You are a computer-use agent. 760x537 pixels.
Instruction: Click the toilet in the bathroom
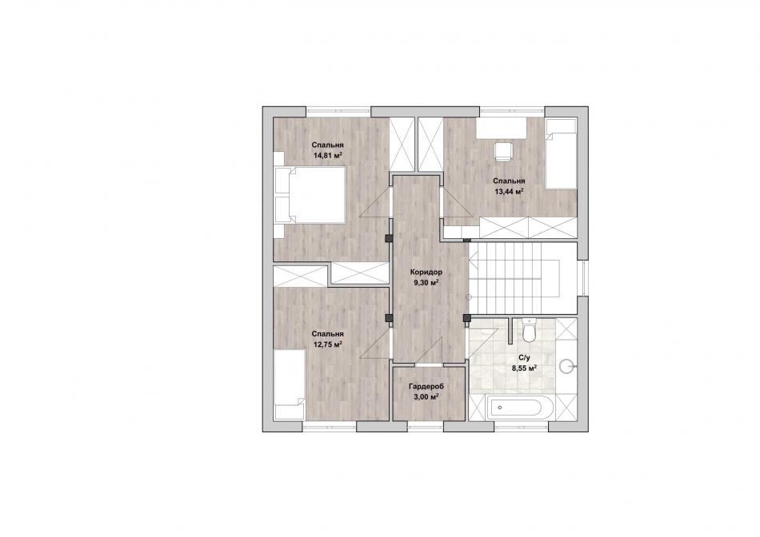pyautogui.click(x=528, y=330)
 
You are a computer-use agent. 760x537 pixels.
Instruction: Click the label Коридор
pyautogui.click(x=426, y=272)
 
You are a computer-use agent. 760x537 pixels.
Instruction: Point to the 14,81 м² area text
pyautogui.click(x=328, y=156)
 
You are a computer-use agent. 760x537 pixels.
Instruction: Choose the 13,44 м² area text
pyautogui.click(x=509, y=191)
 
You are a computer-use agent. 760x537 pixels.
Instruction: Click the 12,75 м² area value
pyautogui.click(x=328, y=344)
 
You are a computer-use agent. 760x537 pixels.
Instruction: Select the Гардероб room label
pyautogui.click(x=426, y=387)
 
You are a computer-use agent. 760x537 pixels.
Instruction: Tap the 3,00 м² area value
pyautogui.click(x=426, y=396)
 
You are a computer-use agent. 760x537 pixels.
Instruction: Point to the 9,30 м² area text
pyautogui.click(x=426, y=283)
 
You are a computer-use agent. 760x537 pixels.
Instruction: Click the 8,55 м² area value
pyautogui.click(x=524, y=368)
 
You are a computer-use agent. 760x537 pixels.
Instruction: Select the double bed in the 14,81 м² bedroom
pyautogui.click(x=310, y=195)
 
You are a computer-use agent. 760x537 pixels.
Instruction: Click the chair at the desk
pyautogui.click(x=503, y=151)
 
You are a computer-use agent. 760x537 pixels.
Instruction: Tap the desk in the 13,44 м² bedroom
pyautogui.click(x=502, y=128)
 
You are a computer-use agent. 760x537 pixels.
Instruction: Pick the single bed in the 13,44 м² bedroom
pyautogui.click(x=562, y=154)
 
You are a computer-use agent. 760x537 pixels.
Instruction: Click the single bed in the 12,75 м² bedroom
pyautogui.click(x=290, y=384)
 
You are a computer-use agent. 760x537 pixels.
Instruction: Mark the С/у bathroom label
pyautogui.click(x=525, y=358)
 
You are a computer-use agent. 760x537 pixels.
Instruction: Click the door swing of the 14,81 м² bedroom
pyautogui.click(x=375, y=203)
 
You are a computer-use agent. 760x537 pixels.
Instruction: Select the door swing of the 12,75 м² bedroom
pyautogui.click(x=375, y=344)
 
